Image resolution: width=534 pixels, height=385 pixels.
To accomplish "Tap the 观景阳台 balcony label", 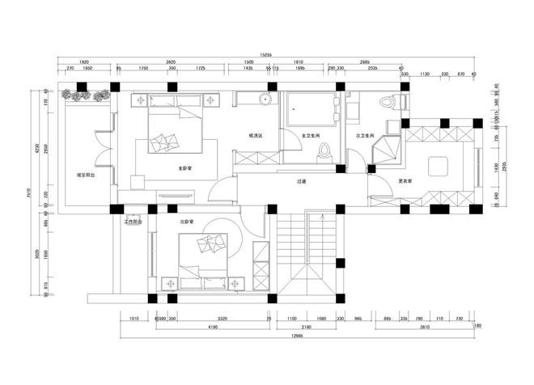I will coord(87,174).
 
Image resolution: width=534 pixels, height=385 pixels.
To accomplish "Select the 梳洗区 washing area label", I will coord(256,135).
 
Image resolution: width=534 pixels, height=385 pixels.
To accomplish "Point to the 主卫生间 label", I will coord(311,136).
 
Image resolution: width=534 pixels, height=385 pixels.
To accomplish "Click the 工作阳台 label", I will coord(133,220).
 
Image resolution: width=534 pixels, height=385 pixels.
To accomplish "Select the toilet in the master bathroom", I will coord(324,150).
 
